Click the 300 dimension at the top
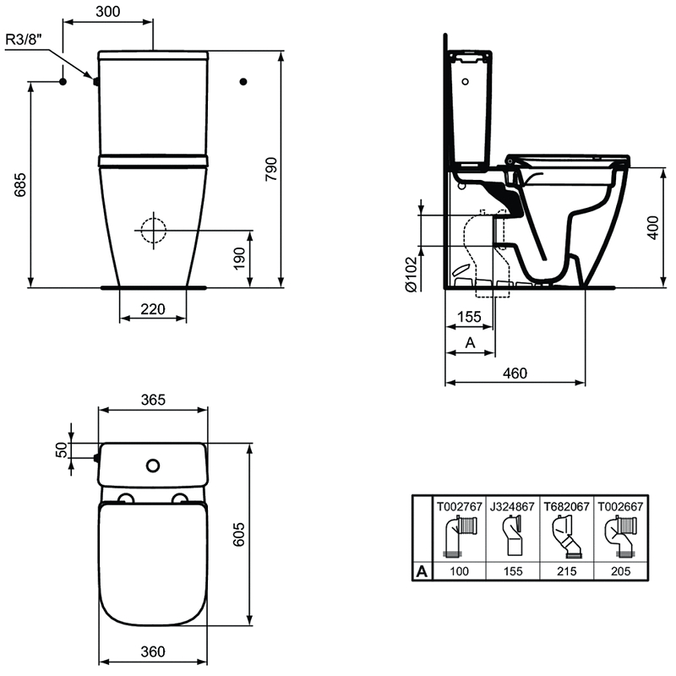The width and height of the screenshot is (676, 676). point(109,11)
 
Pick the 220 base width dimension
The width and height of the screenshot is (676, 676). point(152,309)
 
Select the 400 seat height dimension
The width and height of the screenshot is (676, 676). point(652,227)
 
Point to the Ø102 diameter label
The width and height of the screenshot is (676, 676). point(409,274)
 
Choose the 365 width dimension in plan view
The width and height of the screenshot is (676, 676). point(152,399)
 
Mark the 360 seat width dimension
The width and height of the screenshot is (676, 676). point(152,651)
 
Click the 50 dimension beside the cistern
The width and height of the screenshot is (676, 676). point(62,450)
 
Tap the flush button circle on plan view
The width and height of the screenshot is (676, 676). point(153,465)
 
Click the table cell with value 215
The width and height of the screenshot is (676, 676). point(567,571)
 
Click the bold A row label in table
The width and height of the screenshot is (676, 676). point(420,571)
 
